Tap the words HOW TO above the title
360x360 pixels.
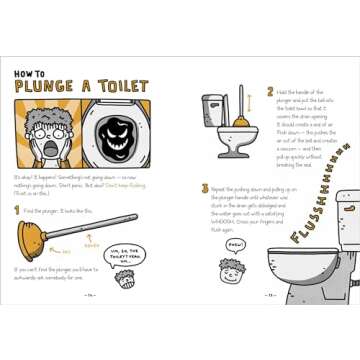30,74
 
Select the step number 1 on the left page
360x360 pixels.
17,209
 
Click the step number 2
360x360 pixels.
270,91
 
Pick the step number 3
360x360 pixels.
204,187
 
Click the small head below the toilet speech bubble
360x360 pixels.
127,280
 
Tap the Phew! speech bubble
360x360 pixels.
236,243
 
